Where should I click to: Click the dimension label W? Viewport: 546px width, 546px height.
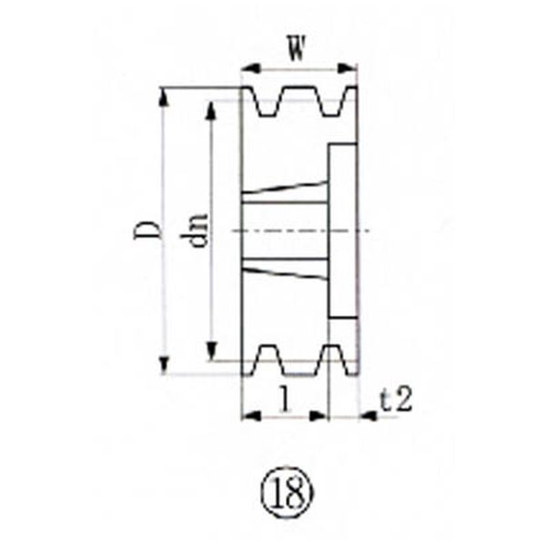pyautogui.click(x=297, y=48)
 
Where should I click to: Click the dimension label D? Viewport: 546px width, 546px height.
pyautogui.click(x=147, y=230)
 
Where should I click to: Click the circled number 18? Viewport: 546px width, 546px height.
pyautogui.click(x=287, y=493)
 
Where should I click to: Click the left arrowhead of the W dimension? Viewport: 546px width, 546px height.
pyautogui.click(x=251, y=68)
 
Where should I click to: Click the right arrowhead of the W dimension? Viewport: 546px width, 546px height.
pyautogui.click(x=348, y=68)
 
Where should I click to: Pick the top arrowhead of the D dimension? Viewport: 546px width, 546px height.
pyautogui.click(x=165, y=96)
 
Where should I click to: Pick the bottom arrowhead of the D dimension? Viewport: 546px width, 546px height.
pyautogui.click(x=165, y=365)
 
